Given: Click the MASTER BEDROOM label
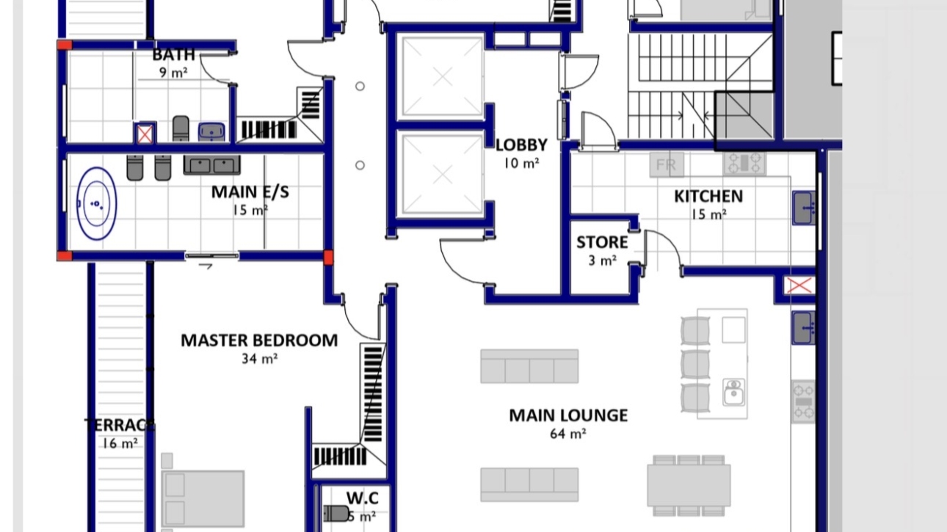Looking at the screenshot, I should click(x=259, y=340).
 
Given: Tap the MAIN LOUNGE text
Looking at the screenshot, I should click(x=568, y=415).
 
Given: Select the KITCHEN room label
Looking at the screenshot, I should click(x=708, y=197).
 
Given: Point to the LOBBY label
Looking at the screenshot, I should click(x=521, y=145).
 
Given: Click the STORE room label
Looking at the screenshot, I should click(x=602, y=243).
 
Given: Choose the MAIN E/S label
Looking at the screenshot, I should click(x=250, y=192).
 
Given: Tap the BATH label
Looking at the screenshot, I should click(x=174, y=55).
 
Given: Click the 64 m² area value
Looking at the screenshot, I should click(x=568, y=434).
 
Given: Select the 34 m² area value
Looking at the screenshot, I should click(x=259, y=360).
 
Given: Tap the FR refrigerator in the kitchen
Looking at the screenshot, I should click(x=667, y=165).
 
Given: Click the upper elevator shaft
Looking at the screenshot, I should click(x=441, y=76).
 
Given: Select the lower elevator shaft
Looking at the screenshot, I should click(x=441, y=175).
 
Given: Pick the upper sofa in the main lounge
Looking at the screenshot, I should click(x=529, y=366).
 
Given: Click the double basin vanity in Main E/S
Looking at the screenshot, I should click(x=207, y=166).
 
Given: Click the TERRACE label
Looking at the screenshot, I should click(x=120, y=426).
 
